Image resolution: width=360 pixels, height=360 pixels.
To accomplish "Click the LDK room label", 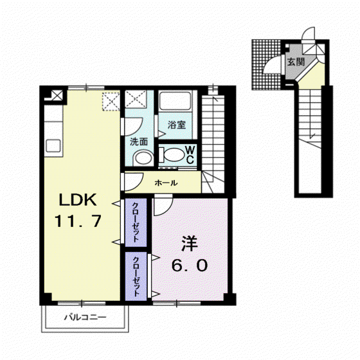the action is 78,200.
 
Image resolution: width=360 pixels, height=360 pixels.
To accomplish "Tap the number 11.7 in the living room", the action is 78,221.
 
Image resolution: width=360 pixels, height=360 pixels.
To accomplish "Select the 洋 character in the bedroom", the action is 190,244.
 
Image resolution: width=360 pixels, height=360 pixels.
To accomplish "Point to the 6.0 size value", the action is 190,265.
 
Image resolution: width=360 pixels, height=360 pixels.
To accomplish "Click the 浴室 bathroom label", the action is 177,125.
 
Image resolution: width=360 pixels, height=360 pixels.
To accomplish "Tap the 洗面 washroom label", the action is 139,142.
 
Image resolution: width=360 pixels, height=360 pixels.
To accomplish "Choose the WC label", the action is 190,155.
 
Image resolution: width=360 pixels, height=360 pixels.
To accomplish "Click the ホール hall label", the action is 166,183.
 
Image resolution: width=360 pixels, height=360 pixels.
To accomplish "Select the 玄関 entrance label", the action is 296,62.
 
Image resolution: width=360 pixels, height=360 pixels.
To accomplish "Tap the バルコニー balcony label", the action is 85,318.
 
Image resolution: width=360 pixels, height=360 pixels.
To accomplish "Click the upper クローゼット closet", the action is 136,222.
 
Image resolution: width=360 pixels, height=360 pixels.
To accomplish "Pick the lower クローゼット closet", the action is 136,276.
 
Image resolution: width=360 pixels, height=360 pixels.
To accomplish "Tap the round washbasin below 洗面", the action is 143,158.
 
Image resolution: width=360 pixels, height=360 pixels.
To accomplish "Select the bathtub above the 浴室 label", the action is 175,101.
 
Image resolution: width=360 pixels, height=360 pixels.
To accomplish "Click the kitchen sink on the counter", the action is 53,146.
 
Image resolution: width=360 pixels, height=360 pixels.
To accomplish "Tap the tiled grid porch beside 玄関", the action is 266,64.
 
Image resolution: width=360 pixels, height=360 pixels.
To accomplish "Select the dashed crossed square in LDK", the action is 111,102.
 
